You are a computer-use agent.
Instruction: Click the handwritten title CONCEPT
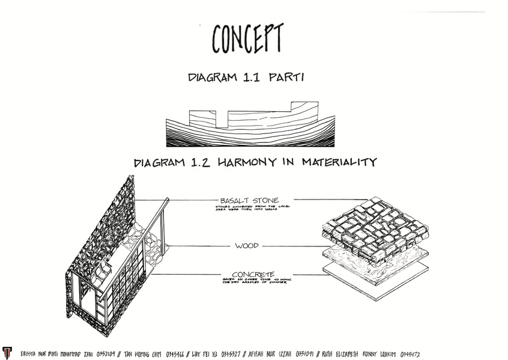(x=247, y=38)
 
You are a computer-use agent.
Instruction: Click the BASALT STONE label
(x=249, y=200)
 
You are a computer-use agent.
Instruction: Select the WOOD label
(x=247, y=246)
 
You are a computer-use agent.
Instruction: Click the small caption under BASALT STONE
(x=252, y=209)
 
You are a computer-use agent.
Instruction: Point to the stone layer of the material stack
(x=375, y=228)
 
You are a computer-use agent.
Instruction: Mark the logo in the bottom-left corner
(x=7, y=353)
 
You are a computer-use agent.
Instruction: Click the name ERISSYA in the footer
(x=32, y=353)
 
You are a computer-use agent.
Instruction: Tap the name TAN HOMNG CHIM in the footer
(x=148, y=353)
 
